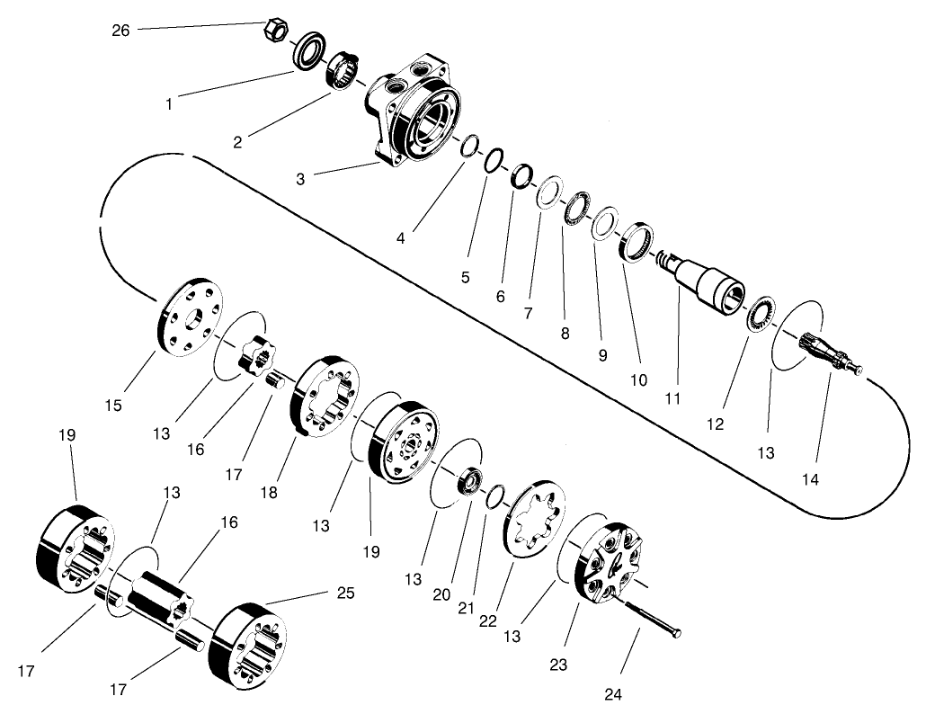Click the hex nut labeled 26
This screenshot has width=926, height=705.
tap(278, 31)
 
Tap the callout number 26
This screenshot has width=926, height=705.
tap(120, 31)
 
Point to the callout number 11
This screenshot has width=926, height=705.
tap(674, 397)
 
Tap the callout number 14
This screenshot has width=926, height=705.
tap(810, 480)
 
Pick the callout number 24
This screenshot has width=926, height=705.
tap(613, 692)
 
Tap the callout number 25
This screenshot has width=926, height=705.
tap(345, 593)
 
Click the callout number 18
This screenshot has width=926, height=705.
tap(269, 494)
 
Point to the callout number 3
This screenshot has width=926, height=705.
tap(300, 179)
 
